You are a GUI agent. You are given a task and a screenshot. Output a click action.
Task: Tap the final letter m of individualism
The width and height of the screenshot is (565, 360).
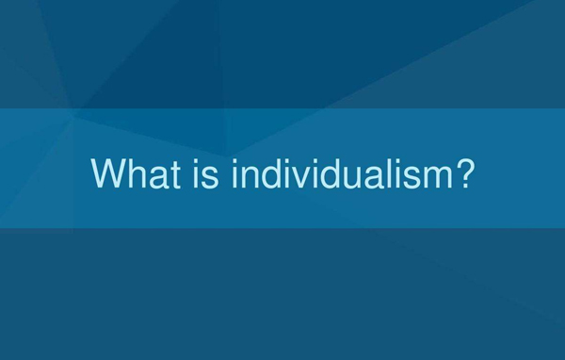(x=430, y=177)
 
